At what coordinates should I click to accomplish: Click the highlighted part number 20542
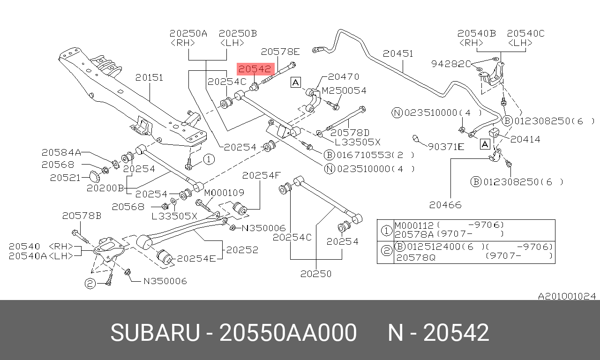pyautogui.click(x=255, y=69)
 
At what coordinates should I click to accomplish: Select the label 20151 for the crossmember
pyautogui.click(x=150, y=77)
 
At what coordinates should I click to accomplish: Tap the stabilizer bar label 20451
pyautogui.click(x=398, y=53)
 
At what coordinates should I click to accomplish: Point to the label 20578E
pyautogui.click(x=280, y=52)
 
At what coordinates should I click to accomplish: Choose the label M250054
pyautogui.click(x=344, y=90)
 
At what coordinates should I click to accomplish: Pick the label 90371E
pyautogui.click(x=446, y=147)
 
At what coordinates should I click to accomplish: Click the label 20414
pyautogui.click(x=525, y=139)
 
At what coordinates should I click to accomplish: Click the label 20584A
pyautogui.click(x=61, y=152)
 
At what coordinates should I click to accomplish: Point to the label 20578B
pyautogui.click(x=82, y=216)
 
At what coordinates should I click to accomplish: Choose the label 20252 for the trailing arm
pyautogui.click(x=242, y=250)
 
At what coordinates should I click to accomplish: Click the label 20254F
pyautogui.click(x=261, y=175)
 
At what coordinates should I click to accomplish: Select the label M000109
pyautogui.click(x=224, y=192)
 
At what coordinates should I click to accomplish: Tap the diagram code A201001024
pyautogui.click(x=567, y=296)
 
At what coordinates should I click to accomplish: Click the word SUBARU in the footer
pyautogui.click(x=155, y=333)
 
